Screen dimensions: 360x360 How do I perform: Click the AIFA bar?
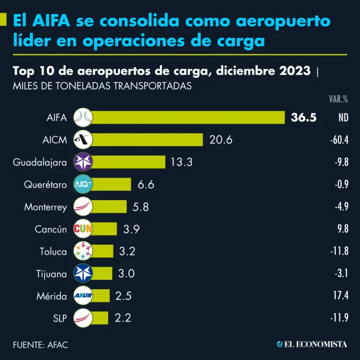pyautogui.click(x=187, y=118)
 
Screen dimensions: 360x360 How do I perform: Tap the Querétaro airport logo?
pyautogui.click(x=83, y=185)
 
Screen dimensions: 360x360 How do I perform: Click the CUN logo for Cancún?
pyautogui.click(x=83, y=229)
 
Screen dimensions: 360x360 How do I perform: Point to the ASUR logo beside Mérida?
pyautogui.click(x=83, y=296)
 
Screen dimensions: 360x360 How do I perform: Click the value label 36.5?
pyautogui.click(x=304, y=118)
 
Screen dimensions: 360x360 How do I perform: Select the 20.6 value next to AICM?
pyautogui.click(x=221, y=140)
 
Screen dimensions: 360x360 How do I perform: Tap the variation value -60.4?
pyautogui.click(x=338, y=140)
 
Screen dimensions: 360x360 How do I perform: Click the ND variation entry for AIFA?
pyautogui.click(x=343, y=118)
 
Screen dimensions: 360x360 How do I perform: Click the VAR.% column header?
pyautogui.click(x=338, y=99)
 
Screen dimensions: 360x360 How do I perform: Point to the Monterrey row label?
pyautogui.click(x=45, y=207)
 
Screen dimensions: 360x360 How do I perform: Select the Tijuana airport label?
pyautogui.click(x=51, y=274)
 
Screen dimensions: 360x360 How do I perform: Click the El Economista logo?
pyautogui.click(x=312, y=345)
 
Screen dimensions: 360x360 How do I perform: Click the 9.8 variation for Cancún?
pyautogui.click(x=342, y=229)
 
